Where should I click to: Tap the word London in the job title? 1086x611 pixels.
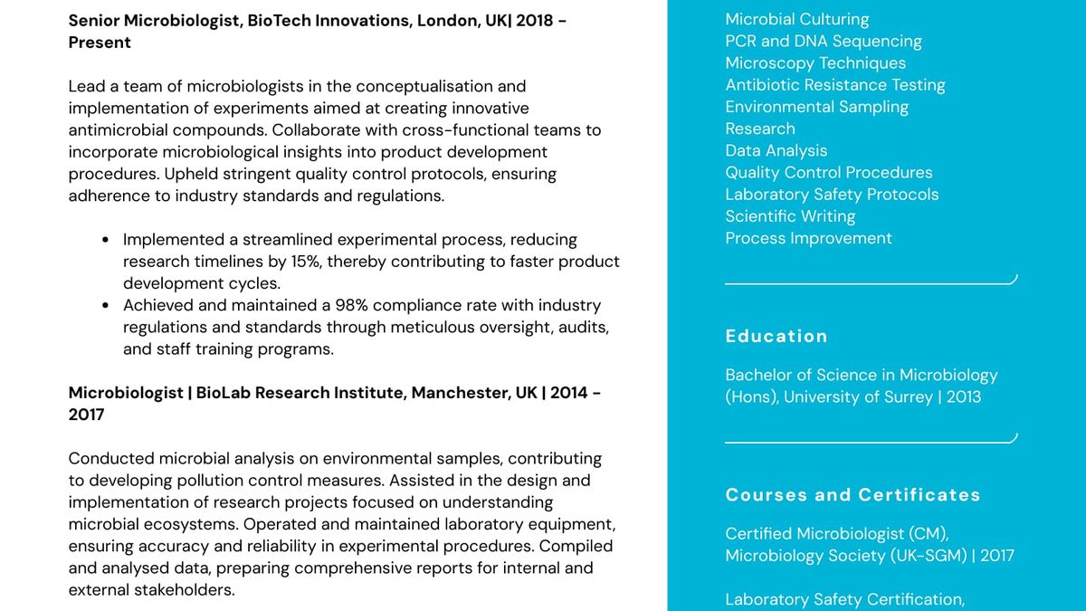coord(447,20)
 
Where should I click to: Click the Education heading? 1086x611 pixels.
coord(776,336)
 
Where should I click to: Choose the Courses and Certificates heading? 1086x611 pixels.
coord(853,495)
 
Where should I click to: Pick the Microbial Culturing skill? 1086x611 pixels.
coord(796,19)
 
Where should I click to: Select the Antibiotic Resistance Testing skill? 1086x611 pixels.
coord(834,85)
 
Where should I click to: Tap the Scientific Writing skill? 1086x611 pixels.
coord(790,216)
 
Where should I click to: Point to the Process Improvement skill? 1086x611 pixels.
coord(808,238)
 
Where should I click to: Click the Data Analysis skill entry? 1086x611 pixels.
coord(776,150)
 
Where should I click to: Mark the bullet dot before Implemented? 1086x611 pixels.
coord(106,240)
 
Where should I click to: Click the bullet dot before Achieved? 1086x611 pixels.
coord(106,306)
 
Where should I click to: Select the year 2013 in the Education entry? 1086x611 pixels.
coord(963,396)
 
